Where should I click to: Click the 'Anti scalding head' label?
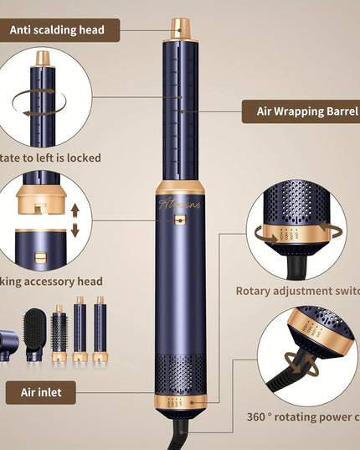pos(58,30)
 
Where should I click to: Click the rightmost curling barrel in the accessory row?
pos(100,327)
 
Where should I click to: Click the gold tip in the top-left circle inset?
pos(43,59)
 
